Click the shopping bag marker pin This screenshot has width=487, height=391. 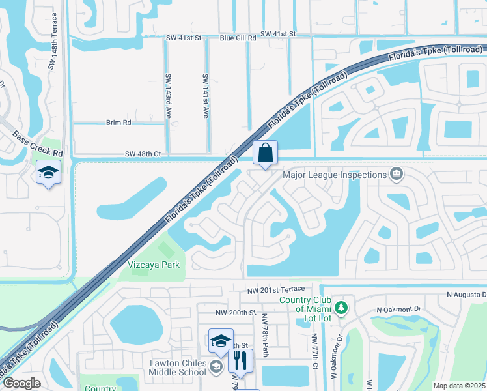click(x=265, y=154)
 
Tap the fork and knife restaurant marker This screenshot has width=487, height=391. click(x=240, y=360)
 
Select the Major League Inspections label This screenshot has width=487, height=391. click(x=335, y=174)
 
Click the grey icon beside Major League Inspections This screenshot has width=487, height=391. click(x=395, y=174)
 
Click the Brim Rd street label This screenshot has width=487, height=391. click(x=118, y=122)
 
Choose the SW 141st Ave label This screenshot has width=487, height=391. click(x=205, y=94)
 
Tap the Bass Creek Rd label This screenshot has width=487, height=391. click(x=38, y=143)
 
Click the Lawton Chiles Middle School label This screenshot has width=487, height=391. click(x=178, y=368)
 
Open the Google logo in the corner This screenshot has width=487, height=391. click(x=21, y=383)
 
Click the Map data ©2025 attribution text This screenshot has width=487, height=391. click(x=459, y=386)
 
